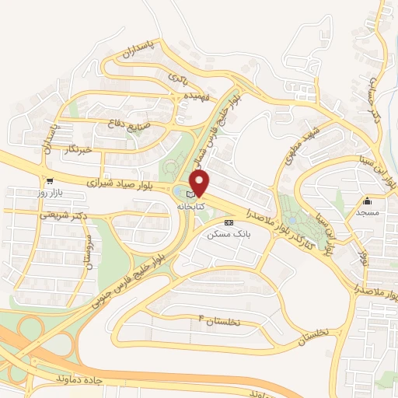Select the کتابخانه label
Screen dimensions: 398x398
pos(191,208)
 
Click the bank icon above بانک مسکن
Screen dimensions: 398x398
pos(228,222)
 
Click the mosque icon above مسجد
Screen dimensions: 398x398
pos(367,201)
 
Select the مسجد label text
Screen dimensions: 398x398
pos(367,211)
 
